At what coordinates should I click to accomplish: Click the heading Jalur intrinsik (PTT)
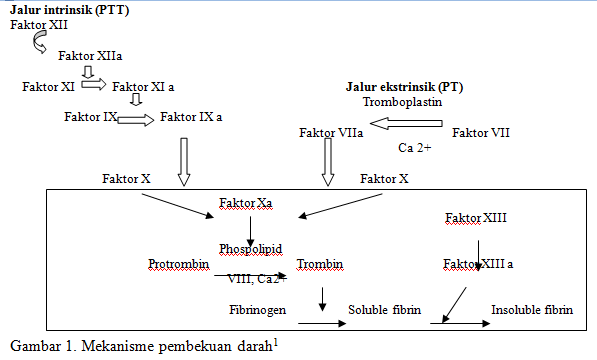pyautogui.click(x=69, y=9)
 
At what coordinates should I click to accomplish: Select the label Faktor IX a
pyautogui.click(x=191, y=117)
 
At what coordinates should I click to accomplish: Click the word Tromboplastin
pyautogui.click(x=402, y=102)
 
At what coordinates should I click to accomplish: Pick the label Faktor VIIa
pyautogui.click(x=331, y=132)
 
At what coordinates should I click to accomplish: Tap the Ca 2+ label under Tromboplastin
pyautogui.click(x=414, y=148)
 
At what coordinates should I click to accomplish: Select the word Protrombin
pyautogui.click(x=178, y=264)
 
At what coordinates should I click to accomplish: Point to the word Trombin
pyautogui.click(x=320, y=264)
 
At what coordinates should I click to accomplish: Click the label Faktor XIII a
pyautogui.click(x=479, y=264)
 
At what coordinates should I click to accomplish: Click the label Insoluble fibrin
pyautogui.click(x=532, y=310)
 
